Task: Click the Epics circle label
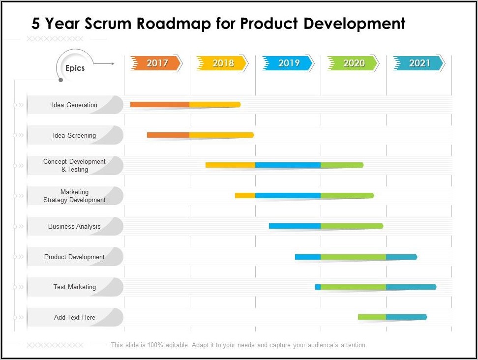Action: (75, 68)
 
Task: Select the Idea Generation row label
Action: (75, 105)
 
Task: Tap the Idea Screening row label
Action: (75, 135)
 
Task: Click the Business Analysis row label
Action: (75, 226)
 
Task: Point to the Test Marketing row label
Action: (75, 287)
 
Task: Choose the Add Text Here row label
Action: (75, 317)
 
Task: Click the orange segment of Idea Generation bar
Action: (160, 104)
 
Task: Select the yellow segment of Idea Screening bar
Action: (221, 135)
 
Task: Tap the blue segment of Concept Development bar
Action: (288, 165)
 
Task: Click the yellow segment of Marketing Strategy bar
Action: (245, 195)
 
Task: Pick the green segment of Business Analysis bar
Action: (351, 226)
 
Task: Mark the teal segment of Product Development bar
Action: (401, 257)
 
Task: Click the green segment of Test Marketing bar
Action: (353, 287)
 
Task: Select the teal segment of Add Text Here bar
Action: (406, 317)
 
